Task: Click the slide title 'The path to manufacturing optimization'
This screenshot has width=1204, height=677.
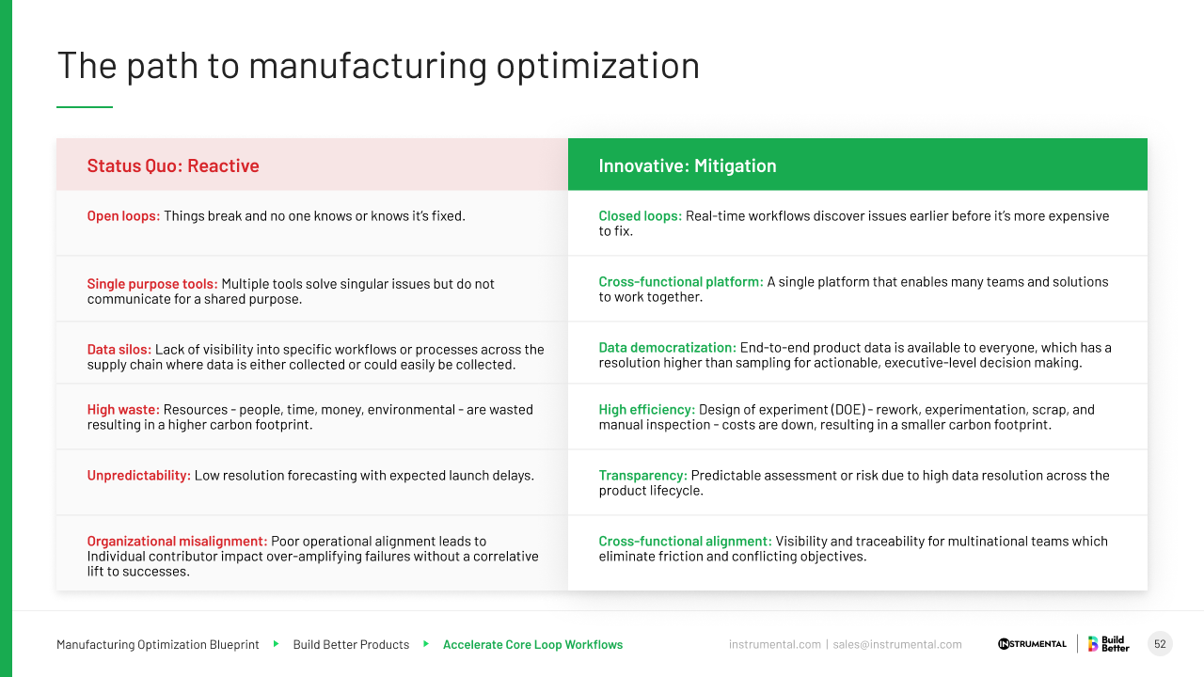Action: pyautogui.click(x=378, y=66)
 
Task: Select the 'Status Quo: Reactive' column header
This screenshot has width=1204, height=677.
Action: pyautogui.click(x=173, y=165)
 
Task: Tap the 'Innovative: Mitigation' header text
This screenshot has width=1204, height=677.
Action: pyautogui.click(x=688, y=165)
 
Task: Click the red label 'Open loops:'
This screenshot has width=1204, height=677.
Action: pyautogui.click(x=123, y=216)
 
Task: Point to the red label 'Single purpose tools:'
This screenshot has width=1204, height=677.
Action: pyautogui.click(x=152, y=284)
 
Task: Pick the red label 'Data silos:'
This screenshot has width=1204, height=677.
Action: pyautogui.click(x=119, y=350)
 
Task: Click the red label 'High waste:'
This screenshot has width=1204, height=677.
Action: pyautogui.click(x=123, y=410)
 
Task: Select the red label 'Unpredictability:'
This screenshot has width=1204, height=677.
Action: pyautogui.click(x=139, y=476)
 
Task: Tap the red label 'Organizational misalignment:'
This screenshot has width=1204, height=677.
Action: pyautogui.click(x=177, y=542)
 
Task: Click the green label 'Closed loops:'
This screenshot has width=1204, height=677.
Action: pyautogui.click(x=641, y=216)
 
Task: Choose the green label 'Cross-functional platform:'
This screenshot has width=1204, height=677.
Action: pyautogui.click(x=681, y=282)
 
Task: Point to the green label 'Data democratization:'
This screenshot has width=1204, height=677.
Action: pyautogui.click(x=668, y=348)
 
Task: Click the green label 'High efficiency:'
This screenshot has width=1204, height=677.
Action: pyautogui.click(x=647, y=410)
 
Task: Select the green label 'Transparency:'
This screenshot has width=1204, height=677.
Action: pyautogui.click(x=643, y=476)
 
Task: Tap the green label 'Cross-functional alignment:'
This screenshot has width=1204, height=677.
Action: pyautogui.click(x=685, y=542)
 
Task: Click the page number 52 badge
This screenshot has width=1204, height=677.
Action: pyautogui.click(x=1160, y=644)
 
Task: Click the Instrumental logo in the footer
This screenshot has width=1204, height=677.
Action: pyautogui.click(x=1032, y=644)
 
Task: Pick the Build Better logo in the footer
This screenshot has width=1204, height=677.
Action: pyautogui.click(x=1109, y=644)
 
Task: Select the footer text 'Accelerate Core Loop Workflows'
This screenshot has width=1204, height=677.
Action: pyautogui.click(x=532, y=645)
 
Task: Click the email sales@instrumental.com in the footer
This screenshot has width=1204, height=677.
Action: pyautogui.click(x=897, y=645)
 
